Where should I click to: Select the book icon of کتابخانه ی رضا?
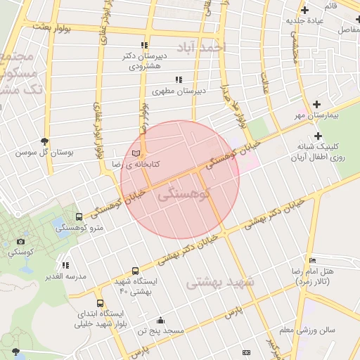pyautogui.click(x=136, y=153)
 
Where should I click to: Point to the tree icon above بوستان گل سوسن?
pyautogui.click(x=45, y=141)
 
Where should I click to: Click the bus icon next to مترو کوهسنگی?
pyautogui.click(x=78, y=217)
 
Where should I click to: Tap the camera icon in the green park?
pyautogui.click(x=20, y=241)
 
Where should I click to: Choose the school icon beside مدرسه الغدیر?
pyautogui.click(x=65, y=266)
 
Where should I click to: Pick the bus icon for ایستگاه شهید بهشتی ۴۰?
pyautogui.click(x=135, y=271)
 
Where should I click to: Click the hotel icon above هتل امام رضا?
pyautogui.click(x=312, y=261)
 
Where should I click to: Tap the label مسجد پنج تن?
pyautogui.click(x=160, y=330)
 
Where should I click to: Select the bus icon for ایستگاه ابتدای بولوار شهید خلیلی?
pyautogui.click(x=100, y=303)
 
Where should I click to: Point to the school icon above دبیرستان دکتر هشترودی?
pyautogui.click(x=145, y=45)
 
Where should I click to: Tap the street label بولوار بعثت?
pyautogui.click(x=53, y=25)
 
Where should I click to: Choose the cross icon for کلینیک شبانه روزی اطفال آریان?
pyautogui.click(x=318, y=136)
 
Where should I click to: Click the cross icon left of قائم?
pyautogui.click(x=304, y=10)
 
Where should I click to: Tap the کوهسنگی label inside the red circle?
pyautogui.click(x=179, y=194)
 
